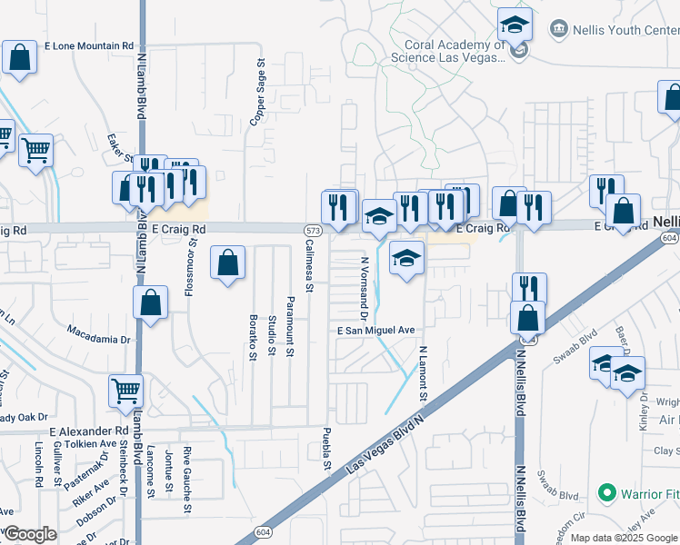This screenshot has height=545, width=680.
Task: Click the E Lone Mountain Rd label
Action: coord(88,45)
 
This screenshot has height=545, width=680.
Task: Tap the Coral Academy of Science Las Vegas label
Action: coord(447,51)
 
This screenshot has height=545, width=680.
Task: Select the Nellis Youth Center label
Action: coord(625,29)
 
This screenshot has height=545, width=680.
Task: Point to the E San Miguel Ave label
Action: coord(376,331)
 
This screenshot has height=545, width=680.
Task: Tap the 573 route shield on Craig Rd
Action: coord(312,231)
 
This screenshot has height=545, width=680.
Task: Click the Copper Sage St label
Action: coord(260,82)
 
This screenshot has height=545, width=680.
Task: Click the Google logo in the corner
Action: coord(29,535)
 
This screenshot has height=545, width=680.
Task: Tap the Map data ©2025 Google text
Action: coord(624,538)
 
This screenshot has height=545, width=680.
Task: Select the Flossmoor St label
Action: coord(192,263)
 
